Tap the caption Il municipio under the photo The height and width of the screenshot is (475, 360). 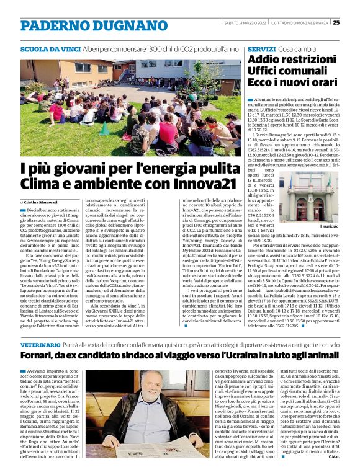click(x=329, y=227)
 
